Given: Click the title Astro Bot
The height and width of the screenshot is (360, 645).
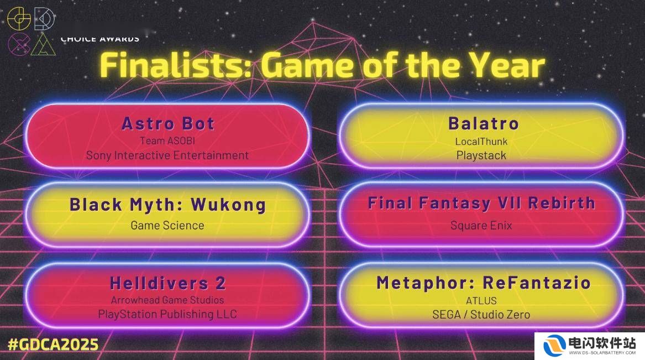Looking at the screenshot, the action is point(168,123).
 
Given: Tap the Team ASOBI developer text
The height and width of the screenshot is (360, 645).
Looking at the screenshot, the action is point(167,140).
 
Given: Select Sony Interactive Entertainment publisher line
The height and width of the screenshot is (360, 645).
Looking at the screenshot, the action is point(167,155).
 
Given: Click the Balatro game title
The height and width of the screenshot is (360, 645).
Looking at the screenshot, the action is point(484,123).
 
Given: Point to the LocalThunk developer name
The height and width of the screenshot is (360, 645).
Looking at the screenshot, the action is point(481,142).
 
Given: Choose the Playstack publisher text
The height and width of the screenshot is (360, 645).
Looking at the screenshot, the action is point(481,155).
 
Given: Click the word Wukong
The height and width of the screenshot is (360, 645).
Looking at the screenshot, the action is point(228,205).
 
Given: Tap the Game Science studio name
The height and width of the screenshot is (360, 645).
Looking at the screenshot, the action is point(167,226).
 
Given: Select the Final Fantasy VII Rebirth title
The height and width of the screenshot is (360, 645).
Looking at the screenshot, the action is point(481,204).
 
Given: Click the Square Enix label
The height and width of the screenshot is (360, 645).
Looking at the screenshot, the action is point(481,226).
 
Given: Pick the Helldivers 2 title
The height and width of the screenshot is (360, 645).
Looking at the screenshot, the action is point(168,283).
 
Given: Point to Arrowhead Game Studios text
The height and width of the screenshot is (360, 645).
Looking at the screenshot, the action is point(167,300).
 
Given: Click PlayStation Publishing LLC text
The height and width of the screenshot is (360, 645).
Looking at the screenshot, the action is point(167,314).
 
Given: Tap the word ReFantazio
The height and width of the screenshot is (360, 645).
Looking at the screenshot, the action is point(537,283).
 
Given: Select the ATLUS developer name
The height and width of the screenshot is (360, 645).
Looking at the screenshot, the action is point(481,301).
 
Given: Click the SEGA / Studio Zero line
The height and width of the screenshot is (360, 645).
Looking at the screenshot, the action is point(481,315).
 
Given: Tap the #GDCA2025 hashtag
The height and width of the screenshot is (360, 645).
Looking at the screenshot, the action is point(53,345).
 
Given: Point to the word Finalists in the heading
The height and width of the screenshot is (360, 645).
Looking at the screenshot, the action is point(176,65).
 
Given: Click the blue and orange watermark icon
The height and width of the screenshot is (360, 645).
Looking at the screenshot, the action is point(554,345).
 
